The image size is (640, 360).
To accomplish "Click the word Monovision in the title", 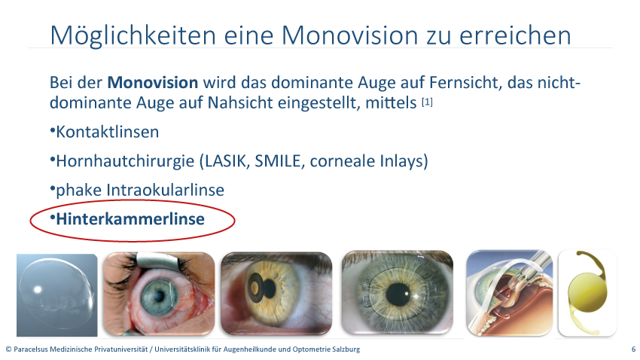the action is pyautogui.click(x=349, y=35).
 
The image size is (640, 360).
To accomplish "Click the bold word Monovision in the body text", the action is pyautogui.click(x=153, y=83).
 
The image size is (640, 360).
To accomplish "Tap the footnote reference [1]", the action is pyautogui.click(x=427, y=102).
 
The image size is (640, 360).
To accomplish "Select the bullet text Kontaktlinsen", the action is pyautogui.click(x=108, y=133).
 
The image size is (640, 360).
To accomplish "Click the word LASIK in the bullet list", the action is pyautogui.click(x=227, y=161).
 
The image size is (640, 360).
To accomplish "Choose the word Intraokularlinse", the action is pyautogui.click(x=166, y=191).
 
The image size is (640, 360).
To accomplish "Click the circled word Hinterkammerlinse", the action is pyautogui.click(x=130, y=219).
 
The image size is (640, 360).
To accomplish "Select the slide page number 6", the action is pyautogui.click(x=633, y=349).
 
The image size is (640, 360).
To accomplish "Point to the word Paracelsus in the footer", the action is pyautogui.click(x=31, y=349).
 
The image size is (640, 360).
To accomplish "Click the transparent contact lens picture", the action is pyautogui.click(x=56, y=294).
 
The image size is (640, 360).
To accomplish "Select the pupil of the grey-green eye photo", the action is pyautogui.click(x=398, y=294).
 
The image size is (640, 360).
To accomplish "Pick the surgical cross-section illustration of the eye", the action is pyautogui.click(x=510, y=293).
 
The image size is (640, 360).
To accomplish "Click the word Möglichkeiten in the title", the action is pyautogui.click(x=133, y=35).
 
